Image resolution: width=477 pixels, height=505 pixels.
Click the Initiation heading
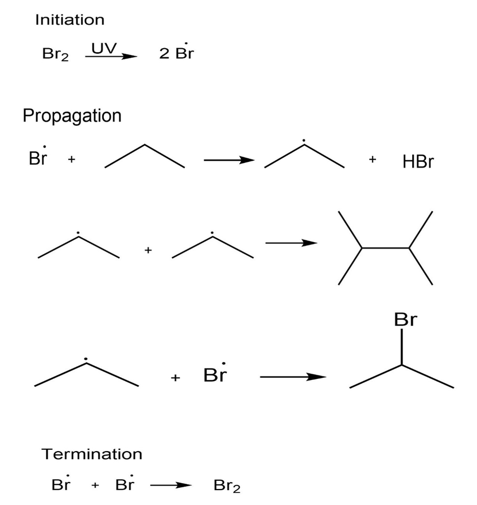pyautogui.click(x=69, y=20)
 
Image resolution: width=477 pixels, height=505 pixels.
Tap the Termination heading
pyautogui.click(x=92, y=454)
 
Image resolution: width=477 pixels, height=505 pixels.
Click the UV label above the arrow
pyautogui.click(x=104, y=48)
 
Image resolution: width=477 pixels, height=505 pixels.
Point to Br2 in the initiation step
pyautogui.click(x=56, y=54)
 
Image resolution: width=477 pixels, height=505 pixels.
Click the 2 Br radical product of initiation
pyautogui.click(x=176, y=52)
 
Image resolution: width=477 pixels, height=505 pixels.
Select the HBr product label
pyautogui.click(x=418, y=162)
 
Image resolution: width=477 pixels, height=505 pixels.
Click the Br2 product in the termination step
pyautogui.click(x=227, y=486)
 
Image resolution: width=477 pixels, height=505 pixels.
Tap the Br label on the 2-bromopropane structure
pyautogui.click(x=405, y=320)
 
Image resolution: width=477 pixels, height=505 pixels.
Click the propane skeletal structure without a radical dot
pyautogui.click(x=145, y=156)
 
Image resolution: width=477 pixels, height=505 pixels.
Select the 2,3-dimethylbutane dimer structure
pyautogui.click(x=386, y=248)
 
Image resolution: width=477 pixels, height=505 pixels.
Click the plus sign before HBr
pyautogui.click(x=373, y=159)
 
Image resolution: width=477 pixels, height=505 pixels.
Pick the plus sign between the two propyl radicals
pyautogui.click(x=148, y=250)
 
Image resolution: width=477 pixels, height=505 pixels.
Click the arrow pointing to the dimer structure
pyautogui.click(x=291, y=243)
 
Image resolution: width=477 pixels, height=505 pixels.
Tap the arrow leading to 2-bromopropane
pyautogui.click(x=293, y=376)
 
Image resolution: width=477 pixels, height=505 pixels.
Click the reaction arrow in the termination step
pyautogui.click(x=171, y=485)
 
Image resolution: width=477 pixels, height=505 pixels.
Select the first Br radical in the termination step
pyautogui.click(x=61, y=483)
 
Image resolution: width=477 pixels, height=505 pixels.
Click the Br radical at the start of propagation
pyautogui.click(x=38, y=157)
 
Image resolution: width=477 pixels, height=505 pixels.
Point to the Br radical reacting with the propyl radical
pyautogui.click(x=215, y=373)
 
